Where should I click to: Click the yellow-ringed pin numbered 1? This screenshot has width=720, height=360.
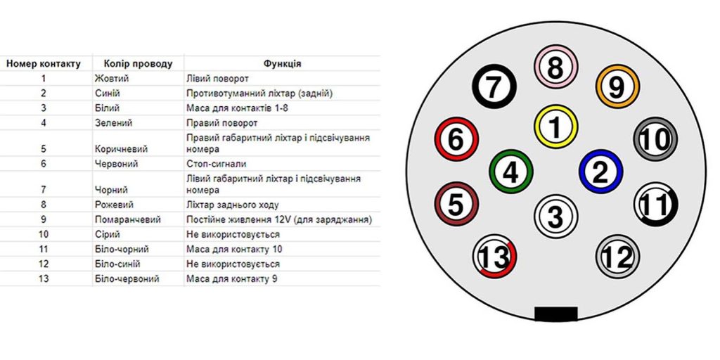555,127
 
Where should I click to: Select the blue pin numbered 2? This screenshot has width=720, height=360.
600,172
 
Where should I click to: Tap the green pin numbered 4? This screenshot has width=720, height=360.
511,172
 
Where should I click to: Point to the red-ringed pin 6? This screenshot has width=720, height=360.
456,139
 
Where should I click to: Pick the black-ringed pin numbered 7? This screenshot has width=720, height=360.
494,86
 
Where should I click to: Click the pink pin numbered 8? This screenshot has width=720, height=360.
555,67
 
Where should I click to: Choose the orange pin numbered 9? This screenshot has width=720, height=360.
617,86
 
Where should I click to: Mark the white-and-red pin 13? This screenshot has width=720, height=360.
494,256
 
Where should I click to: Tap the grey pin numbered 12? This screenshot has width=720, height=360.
617,256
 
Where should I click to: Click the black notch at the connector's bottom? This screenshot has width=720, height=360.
555,314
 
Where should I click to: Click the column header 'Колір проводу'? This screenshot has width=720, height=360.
139,63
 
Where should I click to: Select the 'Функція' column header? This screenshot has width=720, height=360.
283,63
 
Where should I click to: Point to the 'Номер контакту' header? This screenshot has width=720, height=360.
44,63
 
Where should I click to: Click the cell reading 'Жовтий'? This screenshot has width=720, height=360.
112,79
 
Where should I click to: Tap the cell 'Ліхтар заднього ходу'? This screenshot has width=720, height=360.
232,205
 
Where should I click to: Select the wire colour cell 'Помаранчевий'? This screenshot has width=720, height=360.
128,219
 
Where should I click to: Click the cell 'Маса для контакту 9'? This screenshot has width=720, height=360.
232,278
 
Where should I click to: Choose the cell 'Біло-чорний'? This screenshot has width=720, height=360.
122,250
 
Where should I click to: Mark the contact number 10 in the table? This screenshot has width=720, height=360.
44,235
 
